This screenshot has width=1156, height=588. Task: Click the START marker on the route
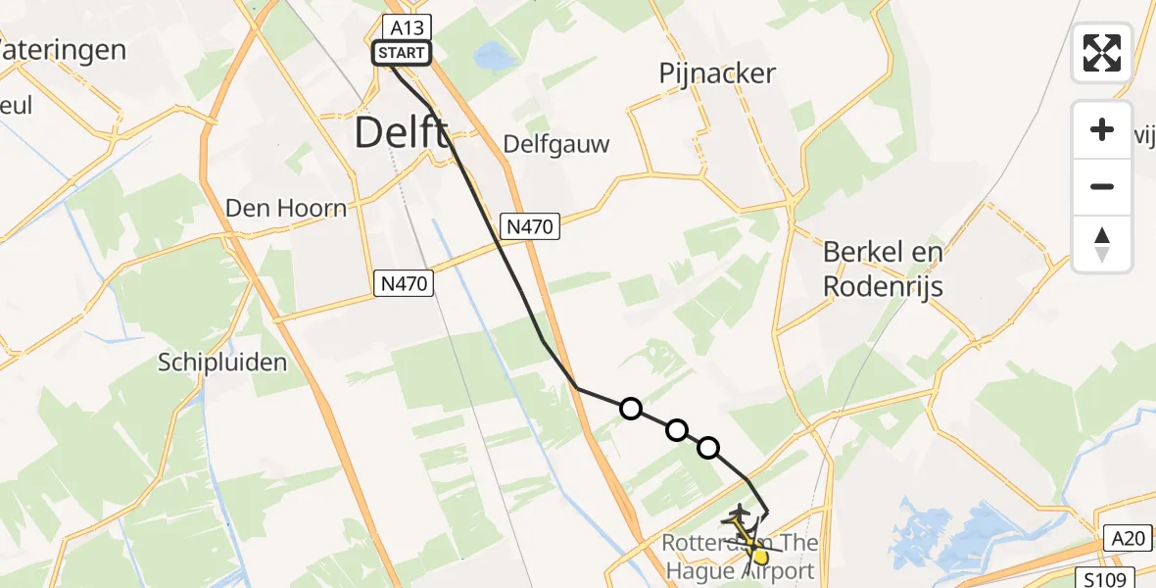tap(401, 53)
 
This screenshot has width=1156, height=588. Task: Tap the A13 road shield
tap(402, 26)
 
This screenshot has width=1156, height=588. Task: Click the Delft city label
tap(402, 131)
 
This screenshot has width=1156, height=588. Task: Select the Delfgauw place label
tap(556, 145)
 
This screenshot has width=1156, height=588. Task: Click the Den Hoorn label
tap(286, 208)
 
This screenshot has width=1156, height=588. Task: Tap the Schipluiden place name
tap(222, 363)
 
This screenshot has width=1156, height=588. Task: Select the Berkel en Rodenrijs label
tap(883, 269)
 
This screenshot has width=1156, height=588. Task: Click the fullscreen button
tap(1102, 53)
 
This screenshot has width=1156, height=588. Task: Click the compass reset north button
tap(1102, 244)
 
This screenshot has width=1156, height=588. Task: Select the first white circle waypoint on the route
tap(631, 409)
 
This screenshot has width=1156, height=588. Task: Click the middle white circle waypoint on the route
tap(676, 429)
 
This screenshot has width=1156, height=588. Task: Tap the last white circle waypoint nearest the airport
tap(708, 448)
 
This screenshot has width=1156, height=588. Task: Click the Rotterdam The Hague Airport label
tap(740, 558)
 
